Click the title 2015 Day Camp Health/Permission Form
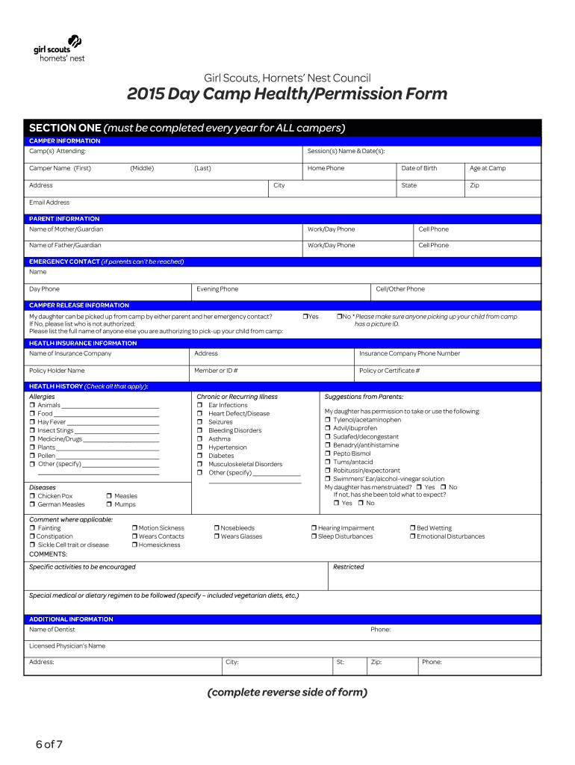(287, 94)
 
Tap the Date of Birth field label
(419, 168)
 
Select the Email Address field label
(49, 202)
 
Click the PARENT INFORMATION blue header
(64, 219)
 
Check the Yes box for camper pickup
(305, 317)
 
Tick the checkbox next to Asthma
(200, 439)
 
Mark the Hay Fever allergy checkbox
(32, 422)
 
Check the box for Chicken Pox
(32, 496)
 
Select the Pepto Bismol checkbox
(327, 453)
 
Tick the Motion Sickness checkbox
(134, 528)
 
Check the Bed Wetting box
(412, 528)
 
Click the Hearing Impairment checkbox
(314, 528)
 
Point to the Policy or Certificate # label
(389, 371)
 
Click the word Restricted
(348, 567)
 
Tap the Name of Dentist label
(52, 630)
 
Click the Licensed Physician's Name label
(67, 646)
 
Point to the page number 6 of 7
(49, 744)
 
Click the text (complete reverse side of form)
(287, 693)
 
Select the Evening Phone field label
(217, 289)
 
